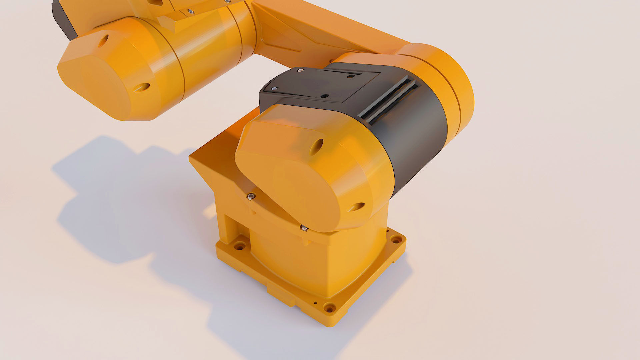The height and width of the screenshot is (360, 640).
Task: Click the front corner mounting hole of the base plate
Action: [330, 307]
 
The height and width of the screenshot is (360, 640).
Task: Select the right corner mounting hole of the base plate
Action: [396, 239]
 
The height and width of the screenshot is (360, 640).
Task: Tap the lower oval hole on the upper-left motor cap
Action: [142, 87]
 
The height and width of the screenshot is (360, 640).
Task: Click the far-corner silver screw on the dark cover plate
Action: [301, 71]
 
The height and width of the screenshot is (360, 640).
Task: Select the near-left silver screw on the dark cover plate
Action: [274, 89]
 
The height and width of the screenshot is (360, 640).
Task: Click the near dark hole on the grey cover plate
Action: [324, 96]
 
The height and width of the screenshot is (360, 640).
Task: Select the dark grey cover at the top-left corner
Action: [63, 17]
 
